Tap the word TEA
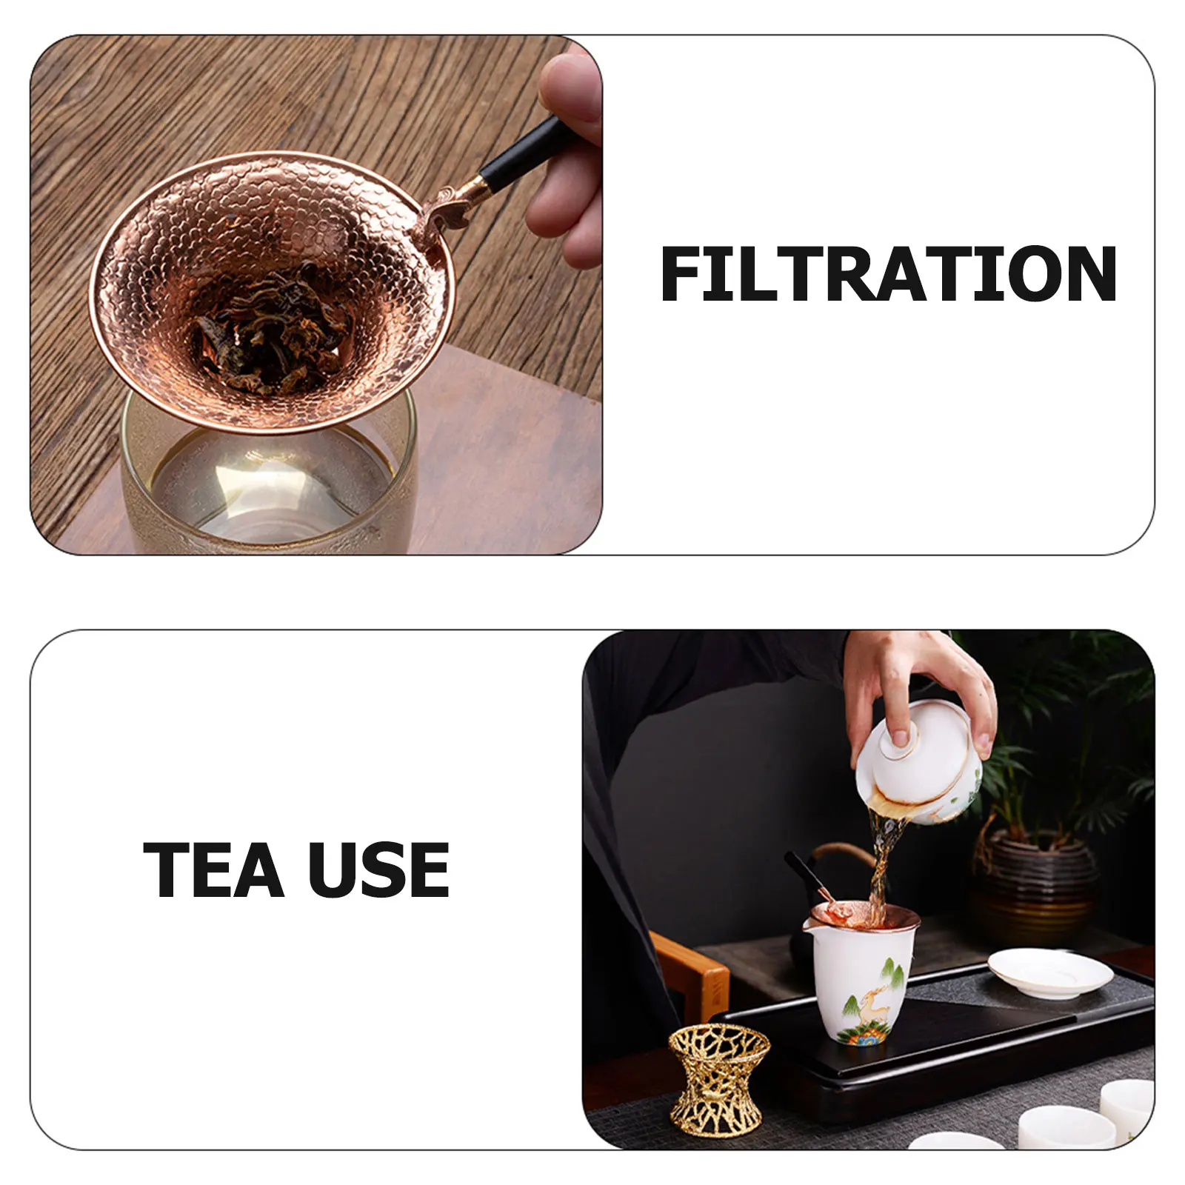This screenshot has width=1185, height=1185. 213,869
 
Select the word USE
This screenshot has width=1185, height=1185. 378,869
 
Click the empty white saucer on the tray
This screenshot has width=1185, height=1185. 1049,971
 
